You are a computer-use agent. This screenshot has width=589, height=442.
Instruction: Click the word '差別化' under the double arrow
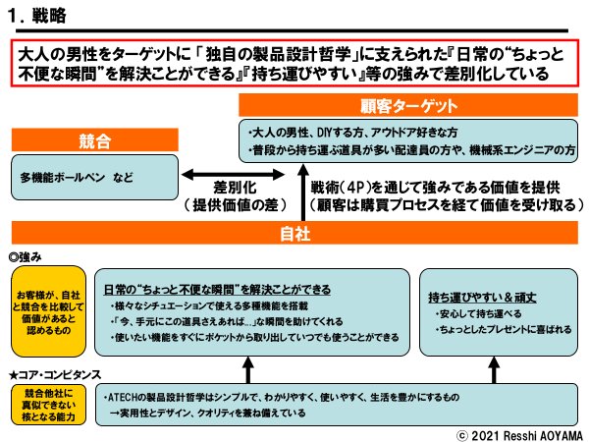click(x=239, y=188)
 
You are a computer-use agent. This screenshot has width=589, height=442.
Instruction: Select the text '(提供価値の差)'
click(x=239, y=206)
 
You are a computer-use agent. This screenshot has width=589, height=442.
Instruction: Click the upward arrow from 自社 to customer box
click(x=302, y=192)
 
